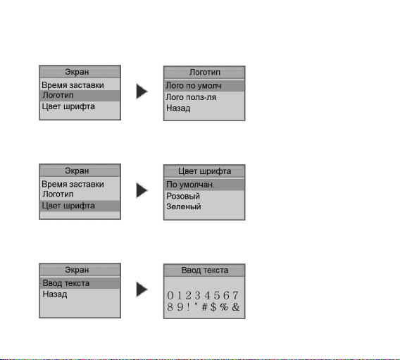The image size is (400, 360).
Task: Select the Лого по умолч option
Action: [194, 86]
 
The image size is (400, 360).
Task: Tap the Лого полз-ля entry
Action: [191, 97]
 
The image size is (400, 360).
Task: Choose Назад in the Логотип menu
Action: [178, 108]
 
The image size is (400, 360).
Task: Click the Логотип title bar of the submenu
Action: [205, 72]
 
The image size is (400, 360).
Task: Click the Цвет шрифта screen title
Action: [205, 171]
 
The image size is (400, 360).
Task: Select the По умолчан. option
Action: [190, 185]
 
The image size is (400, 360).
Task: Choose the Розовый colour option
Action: [183, 196]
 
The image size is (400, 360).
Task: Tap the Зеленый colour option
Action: [183, 206]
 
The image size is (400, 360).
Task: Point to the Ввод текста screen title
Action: [205, 271]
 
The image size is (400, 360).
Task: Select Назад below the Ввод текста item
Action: [55, 294]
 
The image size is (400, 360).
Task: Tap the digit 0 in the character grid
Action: [170, 295]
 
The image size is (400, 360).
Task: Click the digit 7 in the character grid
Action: [235, 295]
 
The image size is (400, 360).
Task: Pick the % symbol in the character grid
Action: [224, 307]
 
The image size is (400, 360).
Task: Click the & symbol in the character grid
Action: [236, 307]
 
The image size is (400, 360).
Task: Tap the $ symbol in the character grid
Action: [213, 307]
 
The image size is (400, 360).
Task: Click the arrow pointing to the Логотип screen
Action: [142, 92]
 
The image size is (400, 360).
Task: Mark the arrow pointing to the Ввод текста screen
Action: [142, 290]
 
